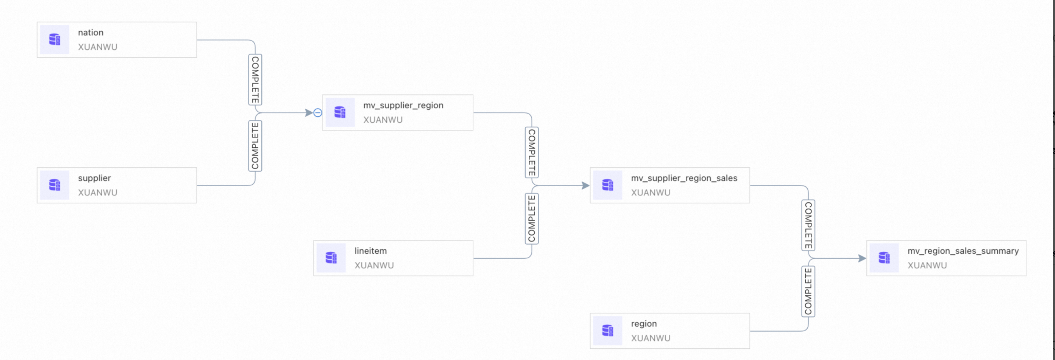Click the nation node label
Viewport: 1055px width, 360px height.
(90, 32)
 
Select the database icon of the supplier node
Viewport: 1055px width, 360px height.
(54, 185)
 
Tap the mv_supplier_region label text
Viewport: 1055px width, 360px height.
(403, 105)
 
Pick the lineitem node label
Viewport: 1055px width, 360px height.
(370, 251)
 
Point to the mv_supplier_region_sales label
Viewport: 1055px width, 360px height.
(684, 178)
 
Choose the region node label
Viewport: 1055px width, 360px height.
(644, 324)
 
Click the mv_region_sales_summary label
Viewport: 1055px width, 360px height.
(963, 251)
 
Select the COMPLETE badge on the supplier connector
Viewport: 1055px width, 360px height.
(255, 146)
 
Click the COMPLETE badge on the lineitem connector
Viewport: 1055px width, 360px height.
(532, 219)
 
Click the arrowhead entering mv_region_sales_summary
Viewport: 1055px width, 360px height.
(862, 259)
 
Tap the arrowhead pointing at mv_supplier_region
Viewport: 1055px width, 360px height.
(309, 113)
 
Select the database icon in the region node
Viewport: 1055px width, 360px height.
(608, 331)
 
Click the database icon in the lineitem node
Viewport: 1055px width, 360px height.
(331, 258)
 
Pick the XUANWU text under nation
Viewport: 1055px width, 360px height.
(97, 47)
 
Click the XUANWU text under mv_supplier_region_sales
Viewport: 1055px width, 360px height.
(651, 193)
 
